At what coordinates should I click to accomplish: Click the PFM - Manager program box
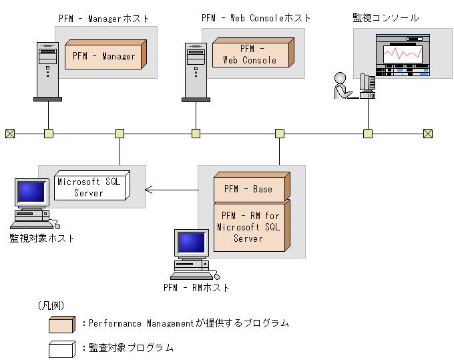tap(103, 57)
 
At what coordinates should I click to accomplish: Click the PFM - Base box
tap(248, 189)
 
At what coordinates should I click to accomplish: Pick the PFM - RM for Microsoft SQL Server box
tap(248, 227)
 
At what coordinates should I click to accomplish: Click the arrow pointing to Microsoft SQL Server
tap(172, 190)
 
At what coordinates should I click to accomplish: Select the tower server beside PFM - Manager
tap(47, 72)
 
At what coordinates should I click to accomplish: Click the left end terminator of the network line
tap(9, 134)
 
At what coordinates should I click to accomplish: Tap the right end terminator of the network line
tap(428, 134)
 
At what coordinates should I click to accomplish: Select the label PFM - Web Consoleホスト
tap(256, 18)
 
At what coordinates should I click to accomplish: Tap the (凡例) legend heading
tap(51, 305)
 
